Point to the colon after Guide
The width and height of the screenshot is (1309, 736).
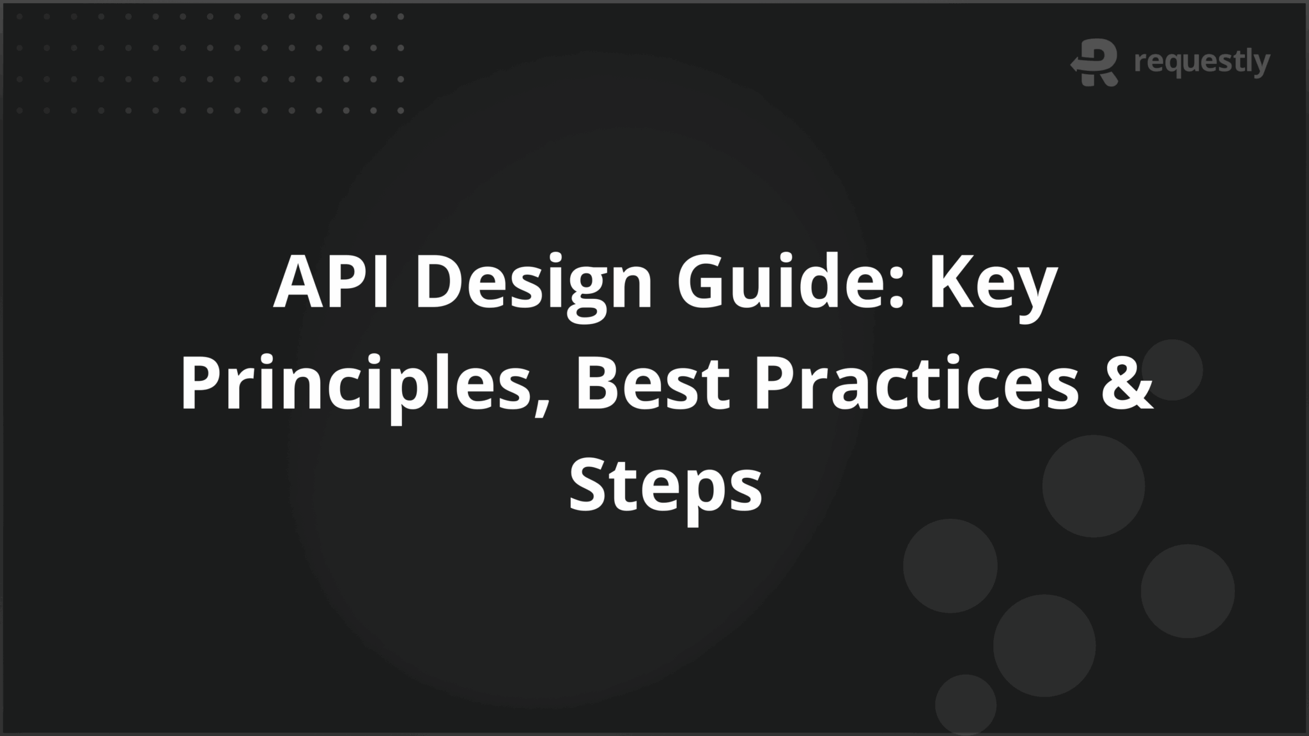(895, 291)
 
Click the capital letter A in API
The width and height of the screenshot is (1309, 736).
(298, 282)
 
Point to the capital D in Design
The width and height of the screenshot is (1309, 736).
(441, 282)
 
